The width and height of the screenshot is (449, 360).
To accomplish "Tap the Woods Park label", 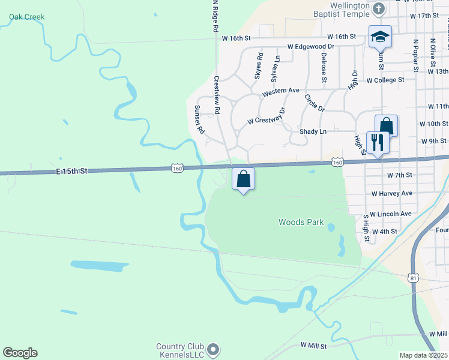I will [301, 222].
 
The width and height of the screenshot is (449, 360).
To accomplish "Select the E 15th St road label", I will [72, 171].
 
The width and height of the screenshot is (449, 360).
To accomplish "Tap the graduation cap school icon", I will [380, 38].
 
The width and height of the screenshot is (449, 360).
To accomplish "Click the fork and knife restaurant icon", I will [378, 143].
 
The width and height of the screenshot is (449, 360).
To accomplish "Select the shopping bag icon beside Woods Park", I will [243, 179].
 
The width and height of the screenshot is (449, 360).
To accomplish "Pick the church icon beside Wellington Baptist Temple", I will [379, 8].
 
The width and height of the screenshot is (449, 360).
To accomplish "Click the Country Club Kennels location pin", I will [212, 349].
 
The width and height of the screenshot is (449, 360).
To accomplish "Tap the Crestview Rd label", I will [217, 95].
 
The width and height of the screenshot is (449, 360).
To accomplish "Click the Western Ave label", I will [280, 91].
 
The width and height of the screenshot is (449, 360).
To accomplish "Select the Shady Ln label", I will [313, 131].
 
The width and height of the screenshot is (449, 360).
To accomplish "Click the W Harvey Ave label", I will [392, 194].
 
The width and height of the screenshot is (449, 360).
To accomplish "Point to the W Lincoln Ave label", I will [391, 214].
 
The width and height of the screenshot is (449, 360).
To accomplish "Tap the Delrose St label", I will [324, 67].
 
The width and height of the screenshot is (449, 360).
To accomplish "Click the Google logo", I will [20, 353].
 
